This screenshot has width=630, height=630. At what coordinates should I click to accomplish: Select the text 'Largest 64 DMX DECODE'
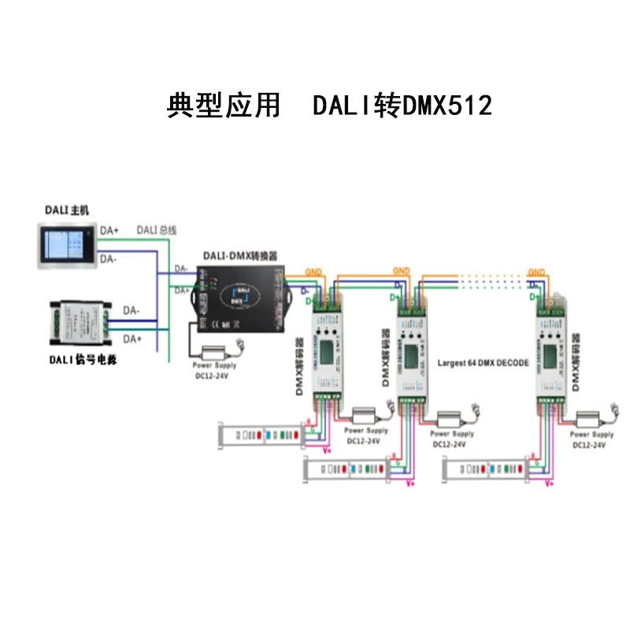(x=484, y=364)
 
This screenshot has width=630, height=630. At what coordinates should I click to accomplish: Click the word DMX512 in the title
(x=447, y=105)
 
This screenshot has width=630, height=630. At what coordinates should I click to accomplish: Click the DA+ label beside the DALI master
(x=109, y=231)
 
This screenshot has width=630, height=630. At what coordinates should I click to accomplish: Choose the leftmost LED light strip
(x=260, y=433)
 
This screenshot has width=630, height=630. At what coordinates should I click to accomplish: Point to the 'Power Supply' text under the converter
(x=215, y=365)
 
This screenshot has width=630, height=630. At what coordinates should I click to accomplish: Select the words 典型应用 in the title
(x=224, y=105)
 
